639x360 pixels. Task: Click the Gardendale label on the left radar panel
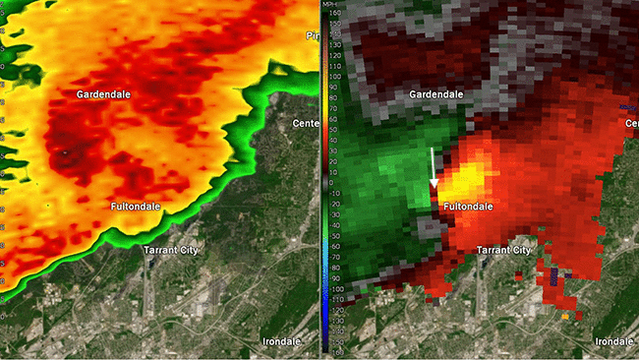click(x=105, y=93)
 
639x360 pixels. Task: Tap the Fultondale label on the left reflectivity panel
click(x=139, y=206)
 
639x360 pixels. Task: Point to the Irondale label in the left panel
click(x=284, y=340)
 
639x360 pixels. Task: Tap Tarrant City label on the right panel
click(x=503, y=251)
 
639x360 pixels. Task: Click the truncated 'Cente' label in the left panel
click(x=307, y=123)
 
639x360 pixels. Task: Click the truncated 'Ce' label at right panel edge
click(x=630, y=123)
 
